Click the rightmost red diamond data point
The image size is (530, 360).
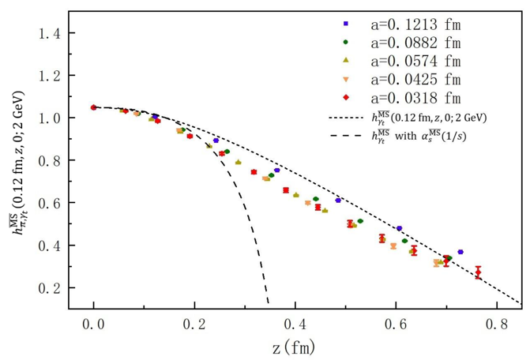tap(478, 273)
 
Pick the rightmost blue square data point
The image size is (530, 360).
tap(460, 252)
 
